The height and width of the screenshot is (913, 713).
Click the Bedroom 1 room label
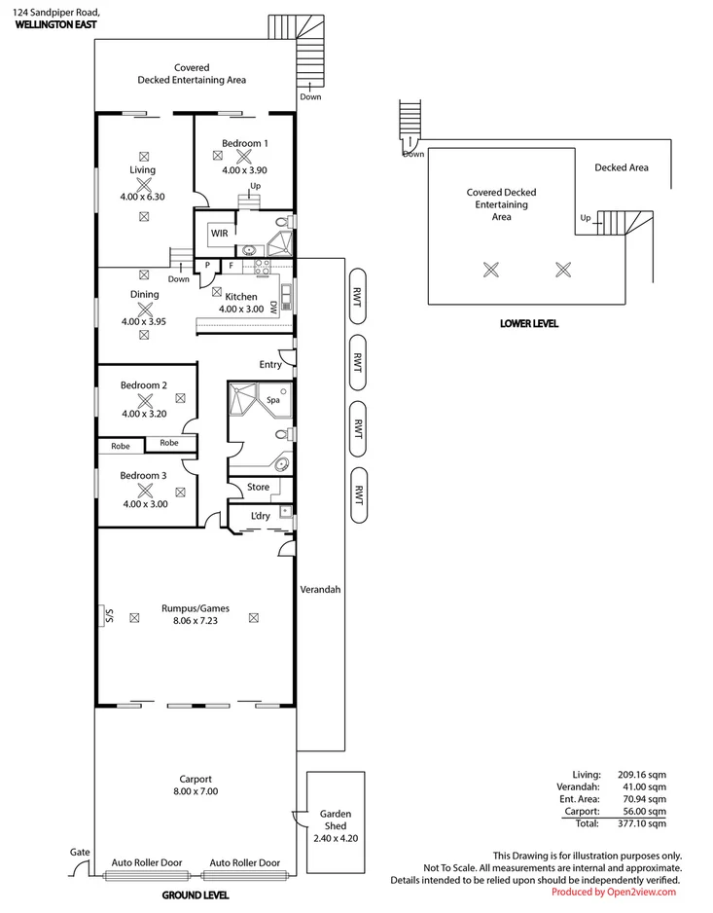coord(244,143)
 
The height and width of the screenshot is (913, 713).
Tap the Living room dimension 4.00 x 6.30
coord(143,197)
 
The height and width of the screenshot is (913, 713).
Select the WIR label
coord(219,234)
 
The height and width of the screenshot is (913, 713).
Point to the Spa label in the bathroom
coord(273,400)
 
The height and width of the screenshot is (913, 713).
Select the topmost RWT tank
coord(358,302)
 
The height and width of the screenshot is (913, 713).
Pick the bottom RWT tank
coord(358,494)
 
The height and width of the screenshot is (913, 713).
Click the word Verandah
coord(319,589)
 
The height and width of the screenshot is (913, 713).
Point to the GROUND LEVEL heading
coord(196,895)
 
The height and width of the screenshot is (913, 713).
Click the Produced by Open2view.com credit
coord(613,892)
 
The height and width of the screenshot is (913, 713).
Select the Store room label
coord(258,487)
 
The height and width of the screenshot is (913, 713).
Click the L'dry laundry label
coord(260,516)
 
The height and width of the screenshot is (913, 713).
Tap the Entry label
coord(269,365)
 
